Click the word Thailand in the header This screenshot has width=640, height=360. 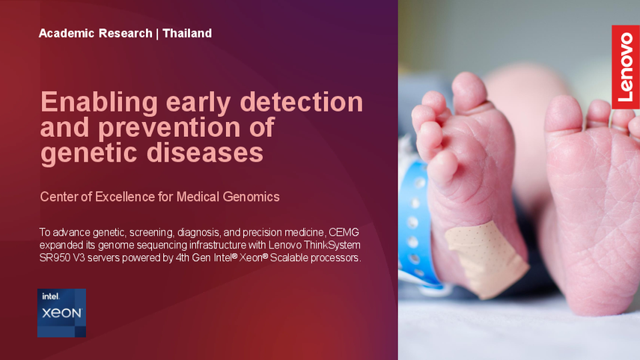pos(187,33)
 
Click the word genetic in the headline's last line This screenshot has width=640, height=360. pos(90,153)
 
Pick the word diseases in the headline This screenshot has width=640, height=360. pos(205,153)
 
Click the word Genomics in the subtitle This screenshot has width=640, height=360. pos(251,197)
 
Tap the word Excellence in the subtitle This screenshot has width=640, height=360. pos(125,197)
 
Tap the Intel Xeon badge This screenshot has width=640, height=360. pos(61,313)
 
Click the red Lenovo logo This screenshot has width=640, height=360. pos(626,67)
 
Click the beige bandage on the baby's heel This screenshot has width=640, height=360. pos(486,258)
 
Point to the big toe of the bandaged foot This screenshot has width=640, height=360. pos(469,92)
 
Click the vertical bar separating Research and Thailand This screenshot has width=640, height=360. pos(157,34)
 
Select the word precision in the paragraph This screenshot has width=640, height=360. pos(262,233)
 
